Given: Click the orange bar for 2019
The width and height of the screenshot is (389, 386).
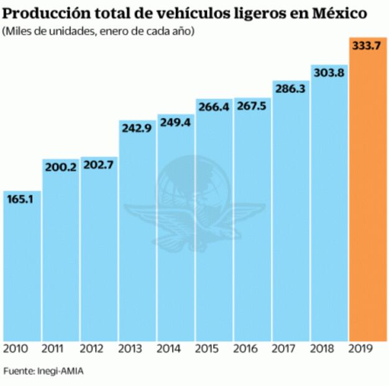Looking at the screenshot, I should point(368,199).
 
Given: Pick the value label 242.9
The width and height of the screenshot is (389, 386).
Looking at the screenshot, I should point(137,128).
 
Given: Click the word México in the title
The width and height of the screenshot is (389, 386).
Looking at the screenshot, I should point(345,13).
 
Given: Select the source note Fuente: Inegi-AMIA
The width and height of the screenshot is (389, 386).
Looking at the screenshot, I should point(43,372).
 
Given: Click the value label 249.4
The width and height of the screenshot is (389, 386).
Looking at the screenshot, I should point(175,123).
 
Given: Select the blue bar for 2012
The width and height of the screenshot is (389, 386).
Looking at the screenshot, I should point(98,255).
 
